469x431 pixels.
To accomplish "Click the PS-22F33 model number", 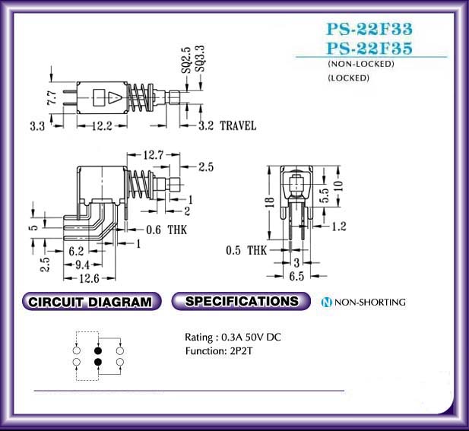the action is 369,29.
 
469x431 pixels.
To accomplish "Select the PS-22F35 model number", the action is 369,48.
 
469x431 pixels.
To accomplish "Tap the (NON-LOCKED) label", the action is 361,64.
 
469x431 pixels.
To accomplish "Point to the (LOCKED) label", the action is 348,78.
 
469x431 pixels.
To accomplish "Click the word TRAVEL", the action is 238,125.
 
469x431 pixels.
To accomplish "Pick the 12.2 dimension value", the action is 102,126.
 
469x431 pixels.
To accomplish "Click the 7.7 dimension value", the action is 52,97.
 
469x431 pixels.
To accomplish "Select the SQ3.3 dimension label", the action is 200,59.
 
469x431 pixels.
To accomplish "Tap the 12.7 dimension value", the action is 153,155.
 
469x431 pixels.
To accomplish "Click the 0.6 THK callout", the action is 166,230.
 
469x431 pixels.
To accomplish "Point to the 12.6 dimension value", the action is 89,278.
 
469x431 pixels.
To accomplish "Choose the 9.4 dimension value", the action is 82,265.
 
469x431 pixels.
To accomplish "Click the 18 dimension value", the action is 270,202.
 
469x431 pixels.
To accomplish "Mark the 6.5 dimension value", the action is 296,276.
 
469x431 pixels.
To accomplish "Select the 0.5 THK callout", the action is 246,250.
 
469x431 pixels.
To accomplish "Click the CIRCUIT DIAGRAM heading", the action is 91,302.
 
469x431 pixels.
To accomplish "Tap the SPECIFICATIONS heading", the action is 241,301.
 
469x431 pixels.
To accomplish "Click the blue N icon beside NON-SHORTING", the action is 326,302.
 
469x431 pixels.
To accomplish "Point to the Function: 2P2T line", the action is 219,350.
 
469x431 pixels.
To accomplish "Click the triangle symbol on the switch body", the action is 115,97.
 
